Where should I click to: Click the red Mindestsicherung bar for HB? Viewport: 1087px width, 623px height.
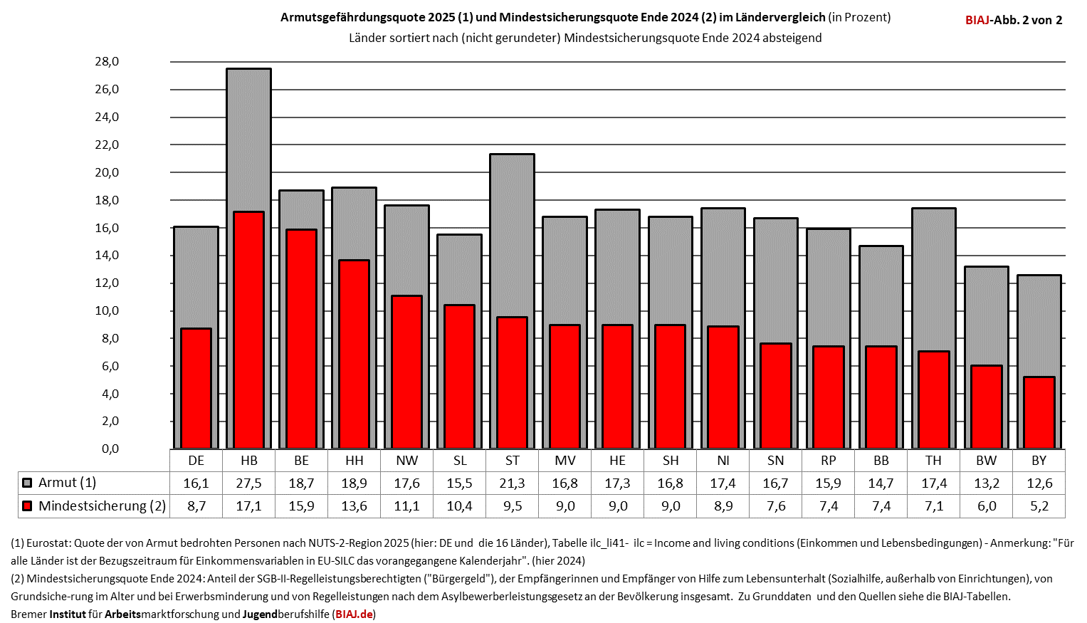coord(248,330)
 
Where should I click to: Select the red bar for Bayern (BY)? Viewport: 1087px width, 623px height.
coord(1039,412)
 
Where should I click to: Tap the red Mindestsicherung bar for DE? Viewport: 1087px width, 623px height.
coord(196,388)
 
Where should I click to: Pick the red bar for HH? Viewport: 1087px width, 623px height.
coord(354,354)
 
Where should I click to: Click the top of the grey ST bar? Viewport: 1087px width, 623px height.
coord(512,155)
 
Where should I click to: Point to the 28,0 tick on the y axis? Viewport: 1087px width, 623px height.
coord(107,62)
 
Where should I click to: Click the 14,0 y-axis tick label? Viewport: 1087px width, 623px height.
coord(107,256)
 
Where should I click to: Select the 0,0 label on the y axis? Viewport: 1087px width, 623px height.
coord(110,449)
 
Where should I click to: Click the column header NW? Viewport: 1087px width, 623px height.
coord(406,461)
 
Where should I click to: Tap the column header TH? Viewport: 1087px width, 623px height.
coord(933,461)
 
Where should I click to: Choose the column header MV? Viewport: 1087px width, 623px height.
coord(564,461)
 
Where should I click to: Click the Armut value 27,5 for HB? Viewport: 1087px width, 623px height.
coord(248,483)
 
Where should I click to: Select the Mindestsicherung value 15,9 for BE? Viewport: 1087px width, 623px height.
coord(301,506)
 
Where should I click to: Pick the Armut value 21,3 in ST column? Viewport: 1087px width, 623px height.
coord(512,483)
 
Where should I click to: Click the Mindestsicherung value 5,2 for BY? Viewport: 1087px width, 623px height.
coord(1039,506)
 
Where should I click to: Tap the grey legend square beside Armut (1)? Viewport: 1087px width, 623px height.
coord(27,483)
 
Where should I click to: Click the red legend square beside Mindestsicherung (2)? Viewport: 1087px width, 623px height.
coord(27,506)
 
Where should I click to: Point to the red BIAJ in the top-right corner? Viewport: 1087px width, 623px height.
coord(977,20)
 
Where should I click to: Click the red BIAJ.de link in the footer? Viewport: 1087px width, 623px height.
coord(354,614)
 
